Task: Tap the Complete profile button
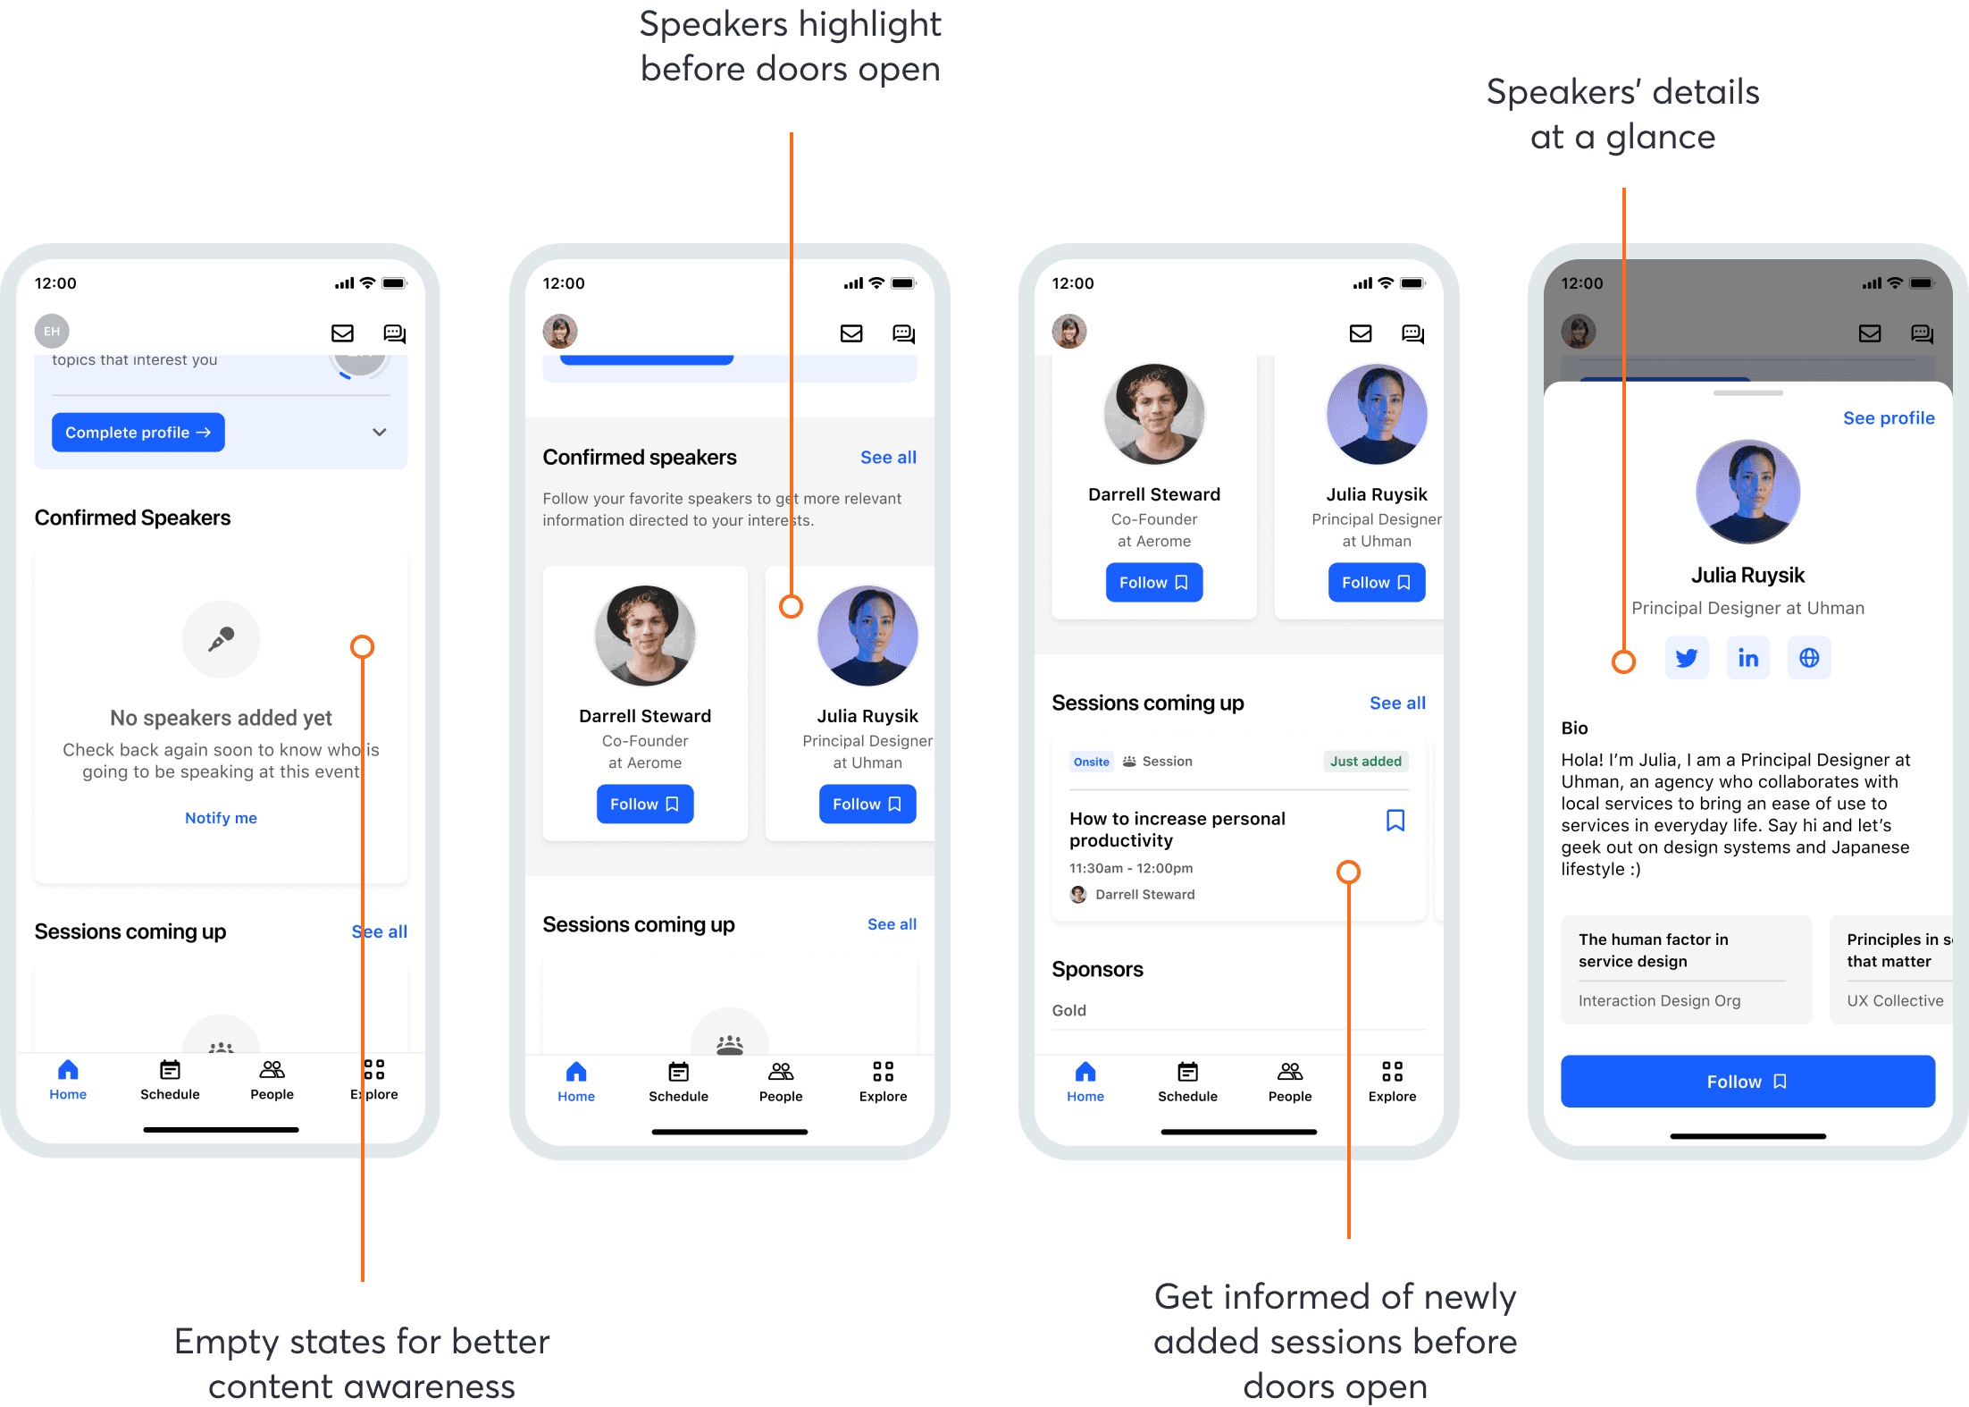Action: point(138,433)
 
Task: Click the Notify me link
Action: point(221,818)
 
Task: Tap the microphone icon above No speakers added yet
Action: point(221,639)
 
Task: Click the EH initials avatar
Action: point(52,332)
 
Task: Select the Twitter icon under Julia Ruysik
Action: point(1687,659)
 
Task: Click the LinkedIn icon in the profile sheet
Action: point(1747,659)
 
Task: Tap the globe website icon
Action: point(1809,659)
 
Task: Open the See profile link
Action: point(1889,418)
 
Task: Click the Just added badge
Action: point(1365,762)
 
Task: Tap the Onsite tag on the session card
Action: point(1091,762)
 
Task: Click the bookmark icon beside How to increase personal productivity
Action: point(1395,821)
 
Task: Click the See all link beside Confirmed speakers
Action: point(888,458)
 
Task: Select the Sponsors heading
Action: point(1097,970)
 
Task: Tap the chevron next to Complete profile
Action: point(380,433)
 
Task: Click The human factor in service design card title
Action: point(1653,950)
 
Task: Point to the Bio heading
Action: point(1574,729)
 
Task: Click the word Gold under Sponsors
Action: point(1068,1011)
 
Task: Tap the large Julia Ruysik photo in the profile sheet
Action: point(1747,492)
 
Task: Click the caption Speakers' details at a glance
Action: point(1622,114)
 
